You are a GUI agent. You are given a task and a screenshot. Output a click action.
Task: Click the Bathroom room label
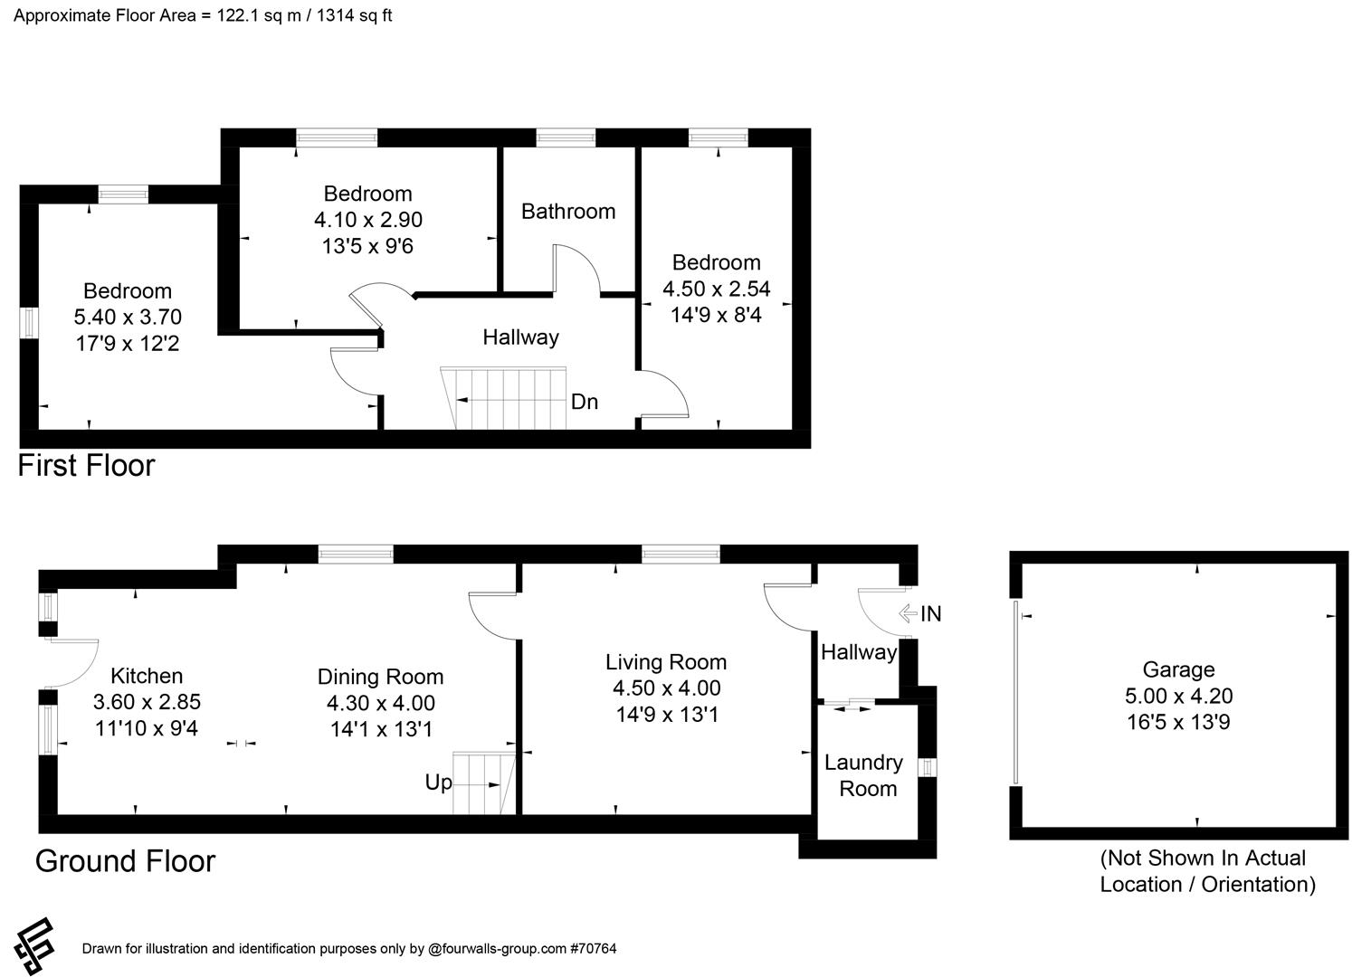pyautogui.click(x=567, y=211)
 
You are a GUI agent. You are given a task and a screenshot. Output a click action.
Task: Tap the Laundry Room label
pyautogui.click(x=863, y=775)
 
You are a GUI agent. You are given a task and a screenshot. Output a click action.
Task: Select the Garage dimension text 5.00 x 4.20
pyautogui.click(x=1177, y=696)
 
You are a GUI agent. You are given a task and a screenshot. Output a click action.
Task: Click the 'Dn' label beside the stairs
pyautogui.click(x=585, y=402)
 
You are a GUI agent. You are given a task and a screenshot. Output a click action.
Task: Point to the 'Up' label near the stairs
pyautogui.click(x=438, y=783)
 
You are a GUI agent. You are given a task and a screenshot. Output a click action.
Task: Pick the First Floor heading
pyautogui.click(x=87, y=466)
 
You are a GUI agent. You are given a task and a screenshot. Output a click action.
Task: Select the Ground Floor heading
pyautogui.click(x=125, y=861)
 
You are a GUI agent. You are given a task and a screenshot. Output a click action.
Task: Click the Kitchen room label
pyautogui.click(x=147, y=676)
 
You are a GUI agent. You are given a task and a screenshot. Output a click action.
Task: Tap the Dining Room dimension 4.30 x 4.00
pyautogui.click(x=380, y=703)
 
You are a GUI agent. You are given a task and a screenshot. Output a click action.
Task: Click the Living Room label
pyautogui.click(x=666, y=662)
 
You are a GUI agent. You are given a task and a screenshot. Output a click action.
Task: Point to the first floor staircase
pyautogui.click(x=507, y=399)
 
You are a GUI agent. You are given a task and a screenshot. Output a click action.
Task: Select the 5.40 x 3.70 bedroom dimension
pyautogui.click(x=128, y=317)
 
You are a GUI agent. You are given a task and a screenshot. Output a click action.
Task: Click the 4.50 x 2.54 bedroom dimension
pyautogui.click(x=716, y=289)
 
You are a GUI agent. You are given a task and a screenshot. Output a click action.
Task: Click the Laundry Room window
pyautogui.click(x=926, y=767)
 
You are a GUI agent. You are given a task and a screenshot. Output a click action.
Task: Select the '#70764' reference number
pyautogui.click(x=593, y=949)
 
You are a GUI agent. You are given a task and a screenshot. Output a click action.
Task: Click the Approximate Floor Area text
pyautogui.click(x=203, y=15)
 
